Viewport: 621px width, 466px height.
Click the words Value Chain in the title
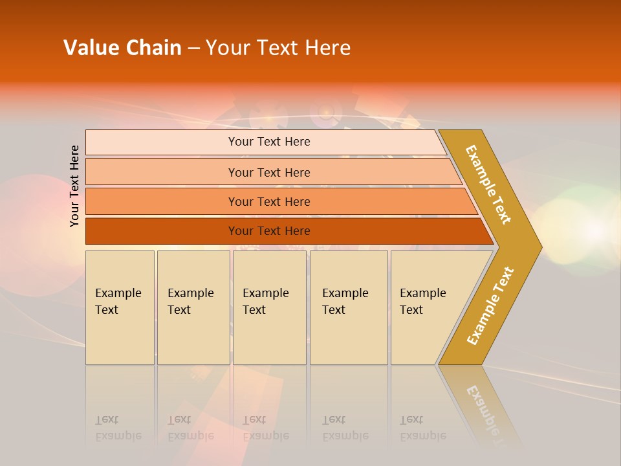click(122, 48)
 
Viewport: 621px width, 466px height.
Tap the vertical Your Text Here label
click(74, 186)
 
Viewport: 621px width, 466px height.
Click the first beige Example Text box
click(120, 308)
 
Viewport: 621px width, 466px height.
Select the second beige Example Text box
click(193, 308)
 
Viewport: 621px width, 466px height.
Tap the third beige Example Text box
click(269, 308)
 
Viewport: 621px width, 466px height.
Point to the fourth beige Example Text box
click(349, 308)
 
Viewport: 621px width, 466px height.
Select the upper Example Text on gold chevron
click(488, 184)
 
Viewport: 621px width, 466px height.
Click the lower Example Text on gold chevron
click(490, 306)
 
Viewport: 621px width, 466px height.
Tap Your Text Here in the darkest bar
click(269, 231)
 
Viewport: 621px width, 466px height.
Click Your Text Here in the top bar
click(269, 142)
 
